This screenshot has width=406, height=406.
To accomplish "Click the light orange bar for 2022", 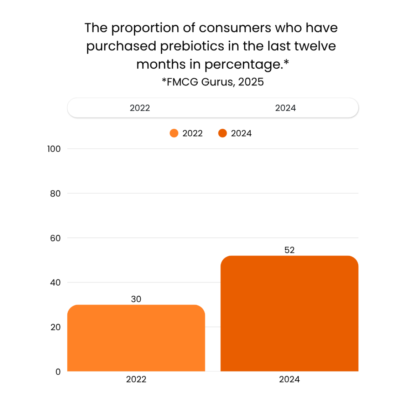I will [136, 338].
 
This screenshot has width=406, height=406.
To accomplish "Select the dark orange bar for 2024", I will [289, 313].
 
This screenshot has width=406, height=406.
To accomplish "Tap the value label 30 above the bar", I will [136, 299].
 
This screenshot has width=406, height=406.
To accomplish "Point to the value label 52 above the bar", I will [290, 250].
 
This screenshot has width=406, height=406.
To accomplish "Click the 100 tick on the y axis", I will [54, 149].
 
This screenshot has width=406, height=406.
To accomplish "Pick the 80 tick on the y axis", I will [55, 193].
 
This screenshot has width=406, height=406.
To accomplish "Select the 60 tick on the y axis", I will [55, 238].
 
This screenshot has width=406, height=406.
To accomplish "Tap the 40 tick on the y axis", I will [55, 282].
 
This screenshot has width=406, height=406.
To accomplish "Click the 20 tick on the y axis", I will [55, 327].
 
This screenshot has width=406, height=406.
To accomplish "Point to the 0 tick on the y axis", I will [58, 372].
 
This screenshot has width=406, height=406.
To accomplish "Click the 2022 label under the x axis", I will [136, 379].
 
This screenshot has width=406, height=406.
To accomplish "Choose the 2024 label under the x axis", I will [289, 379].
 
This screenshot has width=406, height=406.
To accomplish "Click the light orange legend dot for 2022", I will [174, 133].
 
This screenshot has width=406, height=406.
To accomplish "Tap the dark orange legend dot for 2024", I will [223, 133].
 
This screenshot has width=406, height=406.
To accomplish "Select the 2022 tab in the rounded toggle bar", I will [140, 108].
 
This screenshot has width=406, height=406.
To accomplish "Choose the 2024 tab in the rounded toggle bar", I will [285, 108].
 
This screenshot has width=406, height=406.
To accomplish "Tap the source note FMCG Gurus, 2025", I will [213, 82].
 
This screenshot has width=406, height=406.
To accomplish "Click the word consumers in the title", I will [235, 28].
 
